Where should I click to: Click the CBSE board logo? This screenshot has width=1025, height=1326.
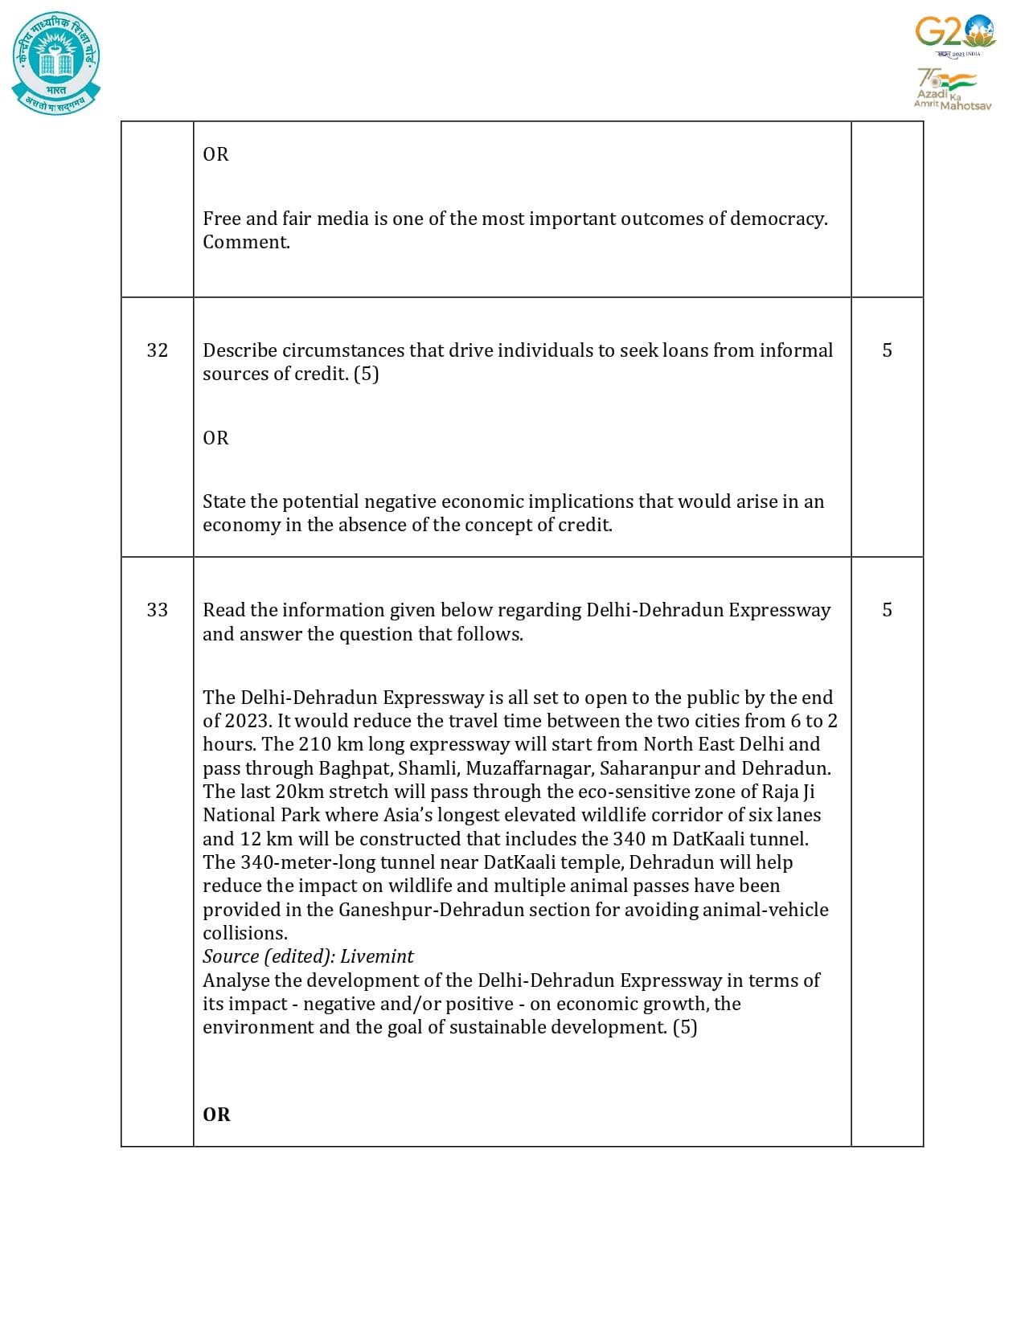(56, 63)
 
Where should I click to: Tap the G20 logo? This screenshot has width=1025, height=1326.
(955, 35)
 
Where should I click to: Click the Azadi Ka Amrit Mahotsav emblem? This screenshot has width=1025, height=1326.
(953, 89)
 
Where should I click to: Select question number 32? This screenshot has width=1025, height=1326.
(158, 350)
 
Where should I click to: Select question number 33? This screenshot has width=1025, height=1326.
(158, 610)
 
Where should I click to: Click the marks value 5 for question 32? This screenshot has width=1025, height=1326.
(887, 350)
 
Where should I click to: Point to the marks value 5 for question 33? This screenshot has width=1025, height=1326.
(887, 610)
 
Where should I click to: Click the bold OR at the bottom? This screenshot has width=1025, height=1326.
(216, 1115)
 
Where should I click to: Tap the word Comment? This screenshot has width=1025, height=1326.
(246, 243)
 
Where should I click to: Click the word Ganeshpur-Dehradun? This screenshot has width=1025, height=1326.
(426, 910)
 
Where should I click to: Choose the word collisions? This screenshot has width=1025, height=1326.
(245, 933)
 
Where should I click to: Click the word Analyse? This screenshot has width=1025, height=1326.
(236, 980)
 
